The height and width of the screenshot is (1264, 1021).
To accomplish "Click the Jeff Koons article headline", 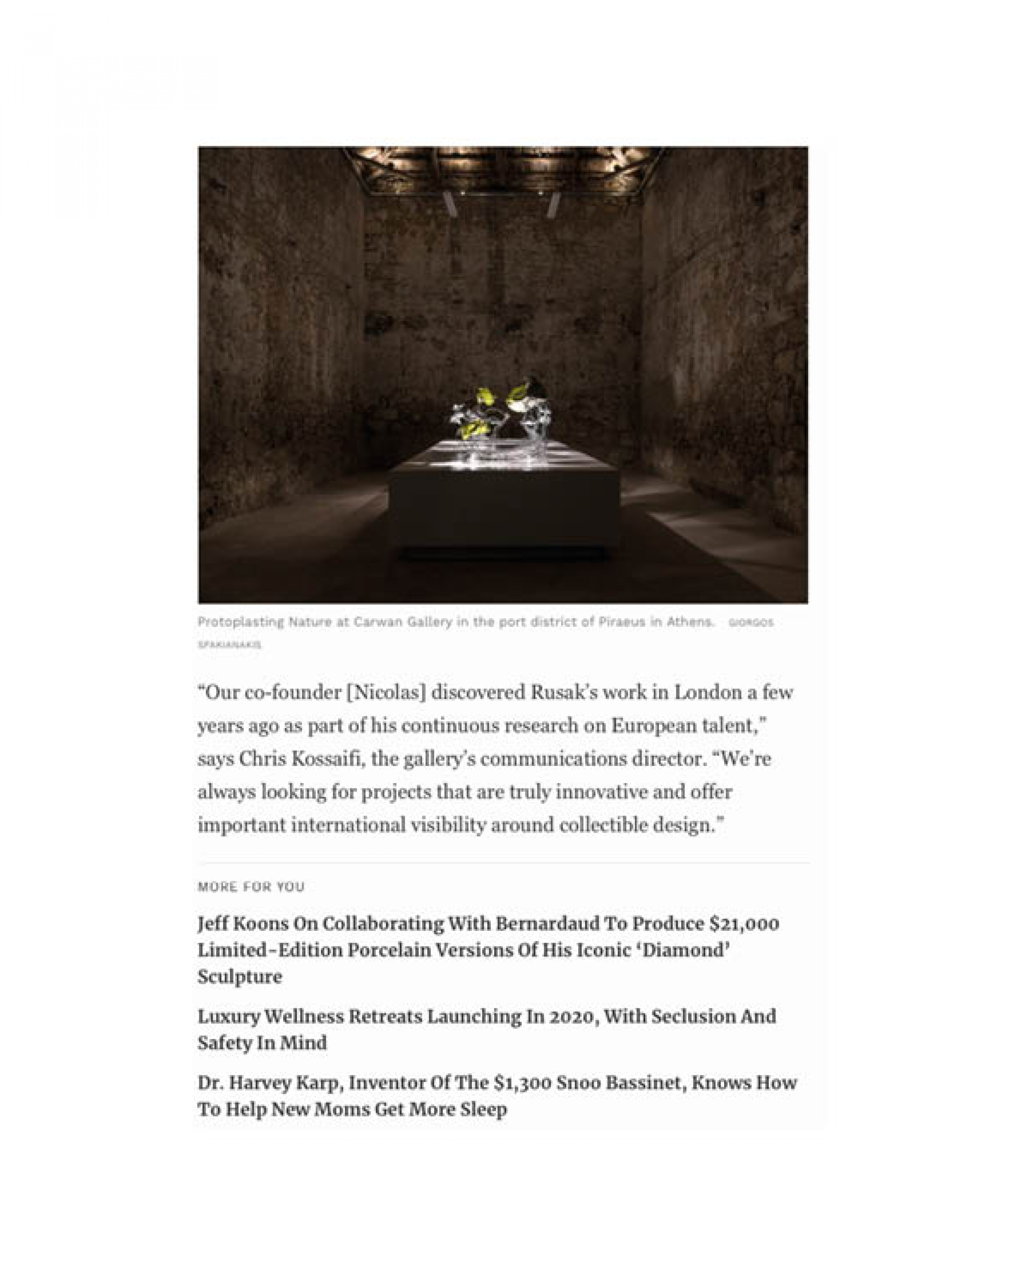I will click(x=488, y=950).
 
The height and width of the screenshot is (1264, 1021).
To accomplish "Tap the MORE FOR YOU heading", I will click(x=251, y=886).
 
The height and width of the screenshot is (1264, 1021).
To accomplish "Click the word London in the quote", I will click(x=708, y=692).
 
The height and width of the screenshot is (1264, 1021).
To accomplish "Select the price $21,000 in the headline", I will click(x=744, y=924).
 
